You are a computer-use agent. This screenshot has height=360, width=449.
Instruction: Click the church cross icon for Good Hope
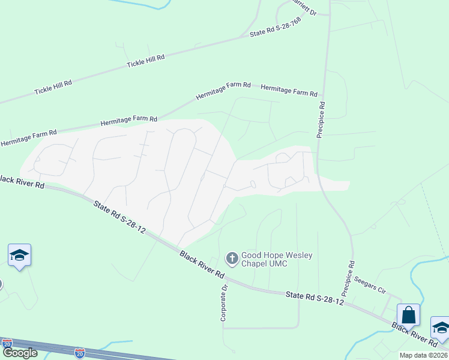[232, 259]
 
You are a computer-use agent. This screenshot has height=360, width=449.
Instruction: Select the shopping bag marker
[408, 315]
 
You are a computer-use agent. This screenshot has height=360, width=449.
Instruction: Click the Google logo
[20, 353]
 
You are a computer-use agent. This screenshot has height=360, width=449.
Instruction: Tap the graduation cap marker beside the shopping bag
[441, 328]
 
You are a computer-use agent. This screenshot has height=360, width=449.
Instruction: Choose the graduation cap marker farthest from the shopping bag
[19, 256]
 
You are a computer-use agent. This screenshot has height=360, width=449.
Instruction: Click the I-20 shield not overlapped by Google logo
[80, 353]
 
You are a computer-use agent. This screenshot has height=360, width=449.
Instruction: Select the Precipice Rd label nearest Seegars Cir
[348, 278]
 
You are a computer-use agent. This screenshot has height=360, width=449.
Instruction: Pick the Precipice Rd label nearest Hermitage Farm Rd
[321, 119]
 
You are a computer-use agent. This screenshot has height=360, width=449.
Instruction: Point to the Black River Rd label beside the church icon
[202, 265]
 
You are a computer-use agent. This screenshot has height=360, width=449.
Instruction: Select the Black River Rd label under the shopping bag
[415, 334]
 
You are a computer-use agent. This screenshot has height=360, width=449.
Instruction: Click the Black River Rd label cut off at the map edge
[22, 181]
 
